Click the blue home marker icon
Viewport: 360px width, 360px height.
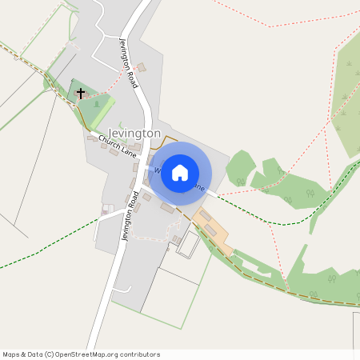pyautogui.click(x=180, y=173)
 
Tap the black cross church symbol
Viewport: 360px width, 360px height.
pyautogui.click(x=80, y=94)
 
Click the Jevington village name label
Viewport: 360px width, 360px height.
pyautogui.click(x=134, y=133)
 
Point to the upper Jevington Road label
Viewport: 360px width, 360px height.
pyautogui.click(x=129, y=62)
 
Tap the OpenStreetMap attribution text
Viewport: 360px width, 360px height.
pyautogui.click(x=81, y=354)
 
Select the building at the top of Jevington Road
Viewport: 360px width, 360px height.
pyautogui.click(x=142, y=67)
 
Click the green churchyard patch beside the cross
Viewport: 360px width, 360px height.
pyautogui.click(x=102, y=106)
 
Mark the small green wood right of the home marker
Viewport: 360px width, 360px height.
pyautogui.click(x=239, y=168)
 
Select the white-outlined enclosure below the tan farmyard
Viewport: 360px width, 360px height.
pyautogui.click(x=187, y=245)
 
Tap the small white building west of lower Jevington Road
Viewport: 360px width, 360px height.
pyautogui.click(x=107, y=210)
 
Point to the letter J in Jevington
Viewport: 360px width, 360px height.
pyautogui.click(x=111, y=133)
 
